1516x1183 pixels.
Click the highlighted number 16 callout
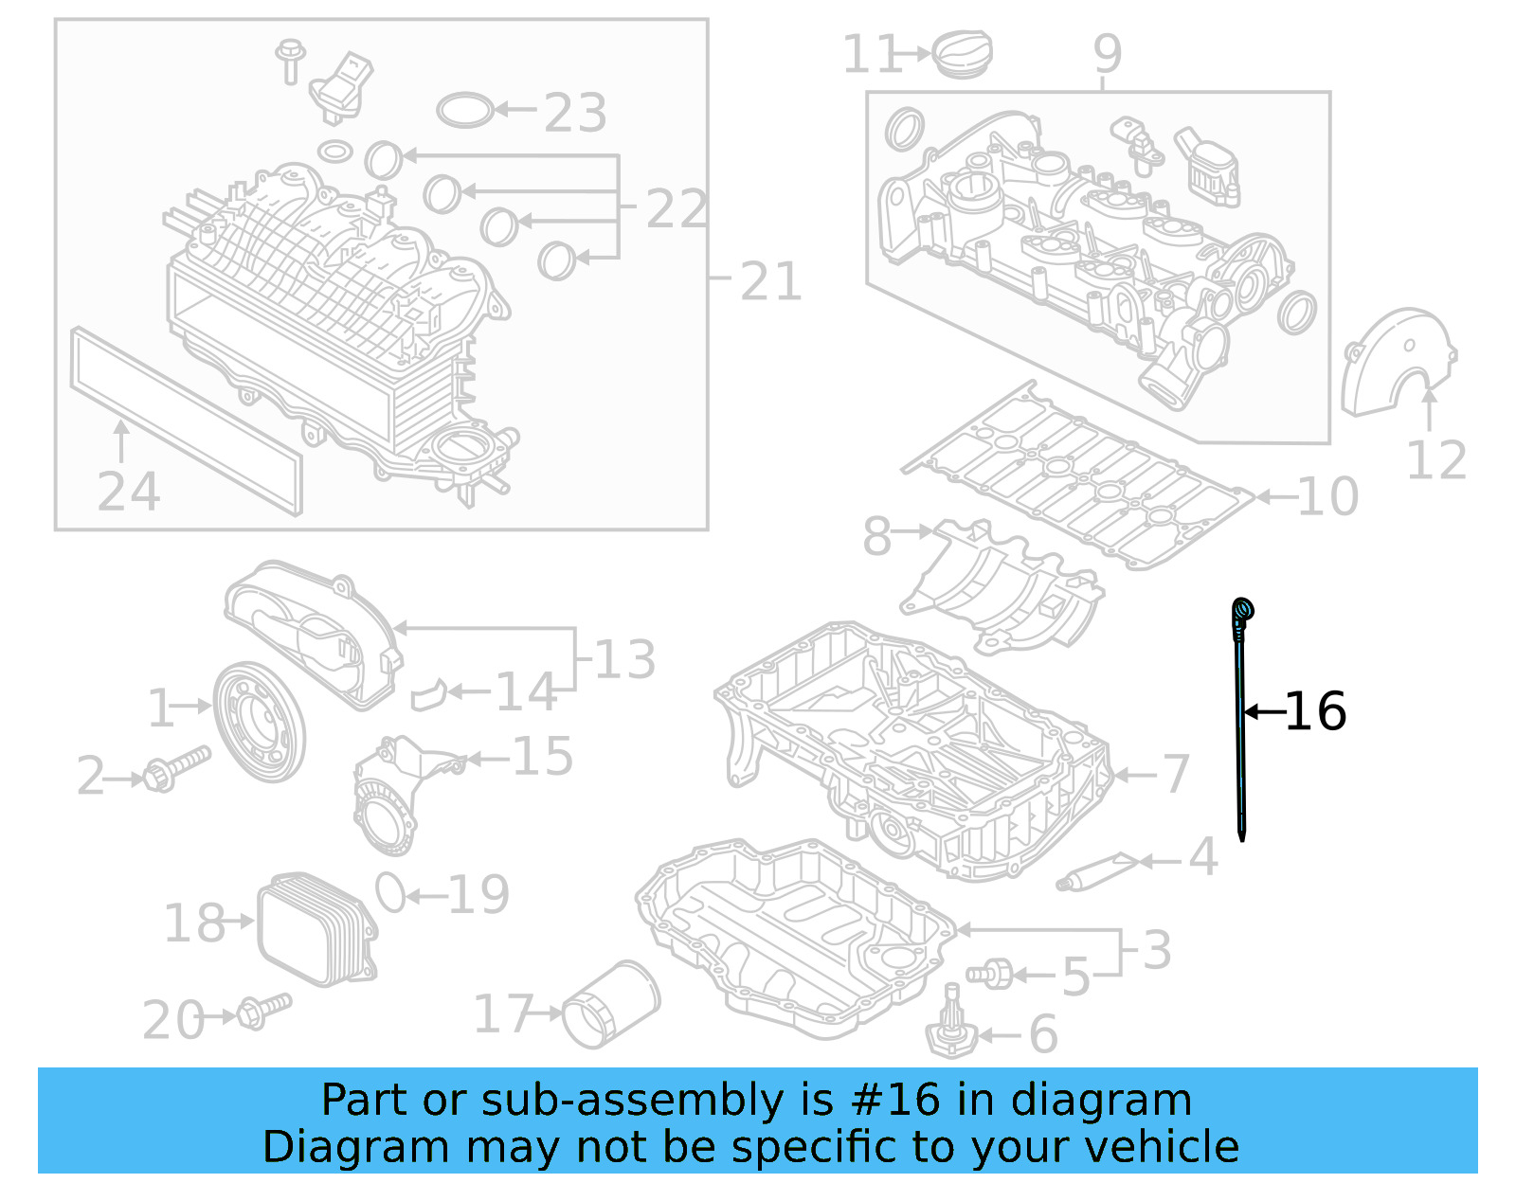[1315, 711]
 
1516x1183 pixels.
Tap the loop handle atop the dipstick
[1242, 610]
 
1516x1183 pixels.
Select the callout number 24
[129, 492]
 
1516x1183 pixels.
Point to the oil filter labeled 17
[611, 1005]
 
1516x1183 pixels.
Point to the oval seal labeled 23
[465, 110]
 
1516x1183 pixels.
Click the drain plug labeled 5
[990, 973]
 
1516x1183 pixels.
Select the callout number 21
[770, 281]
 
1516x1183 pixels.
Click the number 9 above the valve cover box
[1107, 54]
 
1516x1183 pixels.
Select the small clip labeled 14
[428, 694]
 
